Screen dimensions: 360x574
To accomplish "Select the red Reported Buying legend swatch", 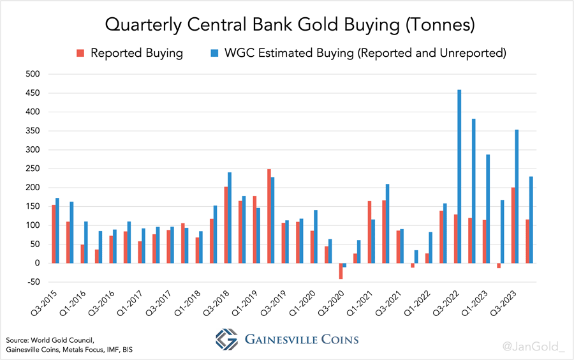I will tap(80, 53).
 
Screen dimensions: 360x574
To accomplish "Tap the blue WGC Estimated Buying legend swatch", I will tap(214, 53).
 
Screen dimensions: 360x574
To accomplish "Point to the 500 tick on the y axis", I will tap(32, 74).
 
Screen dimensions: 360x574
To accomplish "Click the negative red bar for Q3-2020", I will tap(341, 271).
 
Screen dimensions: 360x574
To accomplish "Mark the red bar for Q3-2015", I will tap(54, 234).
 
